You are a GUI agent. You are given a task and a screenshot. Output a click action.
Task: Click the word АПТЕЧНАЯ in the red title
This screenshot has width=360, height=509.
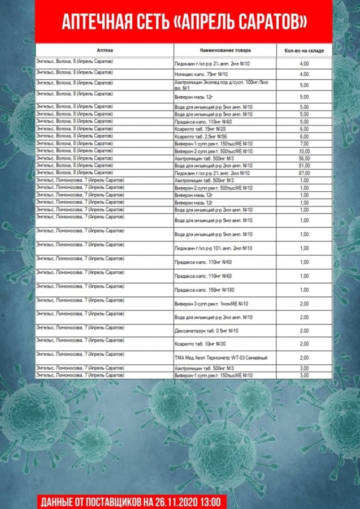point(94,22)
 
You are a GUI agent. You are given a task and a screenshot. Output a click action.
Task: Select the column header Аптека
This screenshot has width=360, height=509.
point(105,50)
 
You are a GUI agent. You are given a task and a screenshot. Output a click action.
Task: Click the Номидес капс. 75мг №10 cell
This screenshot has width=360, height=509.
point(201,74)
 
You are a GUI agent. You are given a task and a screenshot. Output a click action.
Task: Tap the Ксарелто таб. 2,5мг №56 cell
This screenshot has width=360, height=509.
point(202,136)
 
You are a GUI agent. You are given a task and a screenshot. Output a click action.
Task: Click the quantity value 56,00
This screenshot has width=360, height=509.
point(304,158)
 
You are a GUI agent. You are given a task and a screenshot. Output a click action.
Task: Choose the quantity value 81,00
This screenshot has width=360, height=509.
point(304,166)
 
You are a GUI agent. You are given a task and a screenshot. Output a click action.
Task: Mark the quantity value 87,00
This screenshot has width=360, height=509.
point(304,173)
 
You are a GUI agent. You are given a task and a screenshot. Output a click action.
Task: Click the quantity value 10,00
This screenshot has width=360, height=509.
point(304,151)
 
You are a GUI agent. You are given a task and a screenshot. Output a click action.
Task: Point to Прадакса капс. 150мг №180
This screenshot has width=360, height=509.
point(205,290)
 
